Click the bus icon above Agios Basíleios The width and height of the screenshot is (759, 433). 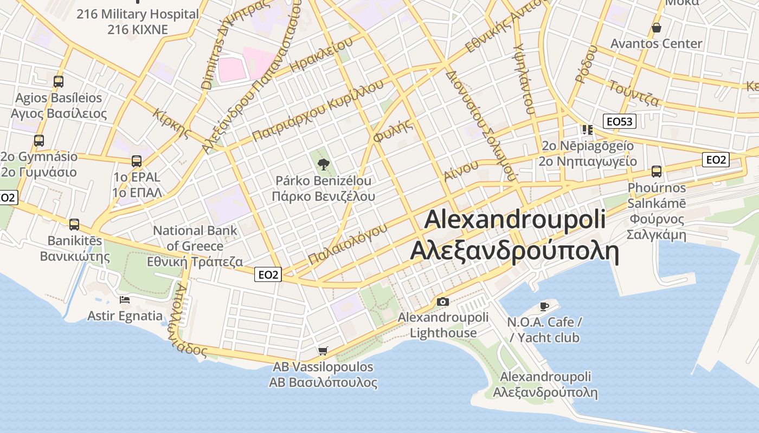58,82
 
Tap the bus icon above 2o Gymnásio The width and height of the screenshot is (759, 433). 38,141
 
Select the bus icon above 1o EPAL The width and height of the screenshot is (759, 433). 137,161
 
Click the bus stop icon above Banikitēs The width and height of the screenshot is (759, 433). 74,224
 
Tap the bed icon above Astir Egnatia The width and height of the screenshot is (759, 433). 125,299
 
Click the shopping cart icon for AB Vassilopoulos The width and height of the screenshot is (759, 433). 323,351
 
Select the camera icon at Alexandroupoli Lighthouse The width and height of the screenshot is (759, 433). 443,301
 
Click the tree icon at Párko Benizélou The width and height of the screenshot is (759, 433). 324,164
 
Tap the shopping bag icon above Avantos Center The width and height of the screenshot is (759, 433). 656,27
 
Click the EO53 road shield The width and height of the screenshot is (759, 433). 619,121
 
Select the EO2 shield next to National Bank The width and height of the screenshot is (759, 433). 268,275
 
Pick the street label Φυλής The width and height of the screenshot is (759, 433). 393,130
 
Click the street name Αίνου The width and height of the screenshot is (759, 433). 461,170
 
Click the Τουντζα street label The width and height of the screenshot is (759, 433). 634,93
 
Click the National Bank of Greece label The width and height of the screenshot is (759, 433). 195,246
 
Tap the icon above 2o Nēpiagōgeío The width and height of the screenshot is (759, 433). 587,129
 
